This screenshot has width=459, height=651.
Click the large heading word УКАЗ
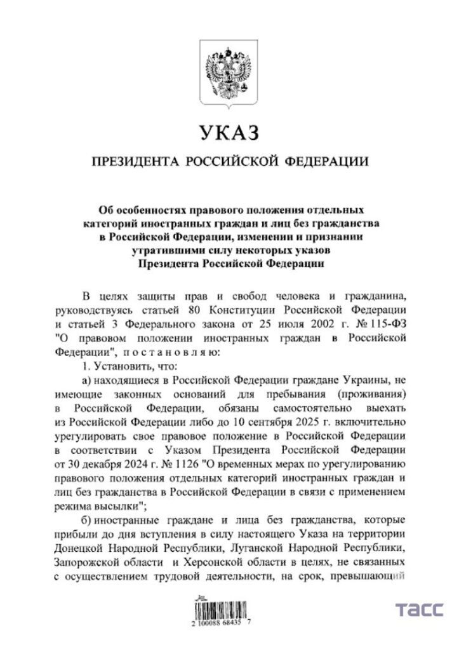click(230, 134)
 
